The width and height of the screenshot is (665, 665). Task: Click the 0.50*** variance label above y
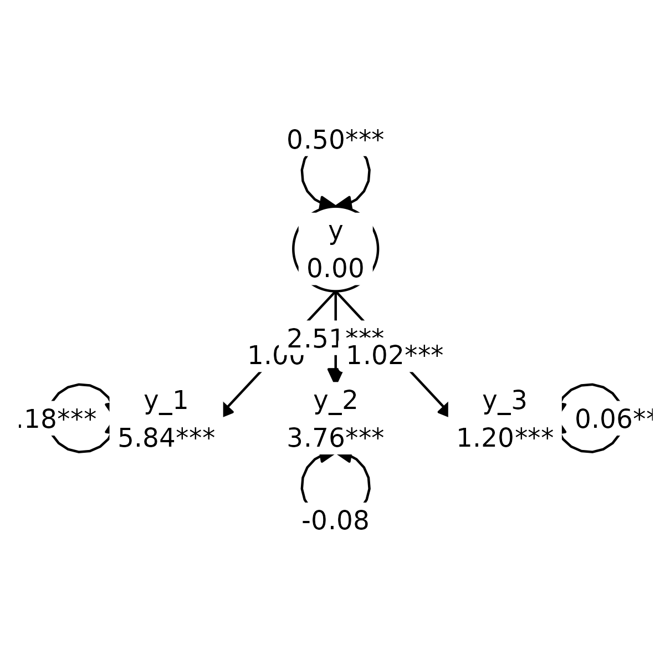pyautogui.click(x=335, y=139)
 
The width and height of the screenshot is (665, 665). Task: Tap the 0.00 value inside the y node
pyautogui.click(x=335, y=268)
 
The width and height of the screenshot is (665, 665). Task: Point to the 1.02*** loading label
pyautogui.click(x=395, y=355)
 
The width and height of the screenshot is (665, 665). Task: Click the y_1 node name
pyautogui.click(x=166, y=401)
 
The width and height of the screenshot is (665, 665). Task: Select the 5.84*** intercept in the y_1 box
pyautogui.click(x=166, y=437)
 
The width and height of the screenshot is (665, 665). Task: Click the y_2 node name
pyautogui.click(x=335, y=401)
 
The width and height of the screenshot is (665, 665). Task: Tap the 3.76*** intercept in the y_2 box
pyautogui.click(x=335, y=437)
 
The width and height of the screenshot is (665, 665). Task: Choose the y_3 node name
pyautogui.click(x=504, y=401)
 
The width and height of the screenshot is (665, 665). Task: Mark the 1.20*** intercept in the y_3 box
pyautogui.click(x=504, y=437)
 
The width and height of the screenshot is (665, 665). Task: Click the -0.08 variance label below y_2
pyautogui.click(x=335, y=520)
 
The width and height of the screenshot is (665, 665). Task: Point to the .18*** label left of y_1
pyautogui.click(x=58, y=418)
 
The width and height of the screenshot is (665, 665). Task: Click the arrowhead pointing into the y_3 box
pyautogui.click(x=443, y=411)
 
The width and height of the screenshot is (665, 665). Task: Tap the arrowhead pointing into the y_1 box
pyautogui.click(x=228, y=411)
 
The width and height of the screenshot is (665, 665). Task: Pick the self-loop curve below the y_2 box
pyautogui.click(x=304, y=485)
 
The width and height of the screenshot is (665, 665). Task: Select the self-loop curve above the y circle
pyautogui.click(x=303, y=173)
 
